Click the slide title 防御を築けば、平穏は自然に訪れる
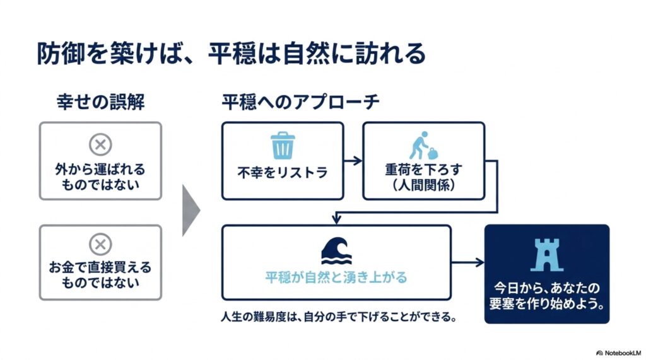[231, 54]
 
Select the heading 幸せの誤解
[100, 102]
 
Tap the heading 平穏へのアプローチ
[300, 102]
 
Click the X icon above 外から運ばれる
[100, 144]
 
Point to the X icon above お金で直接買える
[100, 245]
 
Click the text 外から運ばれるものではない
[100, 177]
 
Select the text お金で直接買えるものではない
[100, 275]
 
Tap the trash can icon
[283, 146]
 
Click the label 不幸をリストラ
[283, 172]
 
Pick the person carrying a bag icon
[423, 146]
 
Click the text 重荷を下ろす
[423, 170]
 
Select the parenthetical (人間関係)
[423, 185]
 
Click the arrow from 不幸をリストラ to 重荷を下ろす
[353, 161]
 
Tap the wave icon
[337, 251]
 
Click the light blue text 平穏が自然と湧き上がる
[336, 277]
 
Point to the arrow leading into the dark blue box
[468, 262]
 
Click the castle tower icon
[547, 255]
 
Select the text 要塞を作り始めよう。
[547, 304]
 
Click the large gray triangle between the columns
[191, 211]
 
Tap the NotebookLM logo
[618, 353]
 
